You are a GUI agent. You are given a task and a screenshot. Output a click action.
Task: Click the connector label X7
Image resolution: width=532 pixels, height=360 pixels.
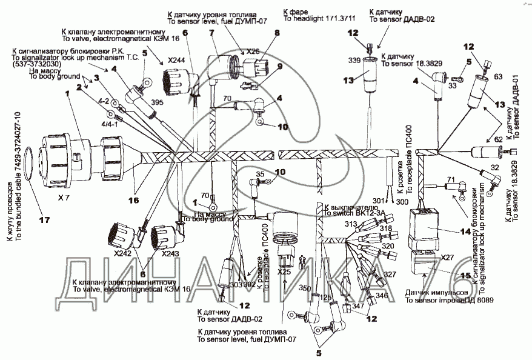click(x=63, y=198)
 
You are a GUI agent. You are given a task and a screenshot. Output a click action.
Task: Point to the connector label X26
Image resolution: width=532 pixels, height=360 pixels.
click(x=253, y=51)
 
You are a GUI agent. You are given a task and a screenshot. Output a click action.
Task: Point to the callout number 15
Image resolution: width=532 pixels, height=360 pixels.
click(x=465, y=276)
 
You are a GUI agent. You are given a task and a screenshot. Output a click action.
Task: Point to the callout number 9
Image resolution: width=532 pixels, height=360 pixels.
click(x=280, y=67)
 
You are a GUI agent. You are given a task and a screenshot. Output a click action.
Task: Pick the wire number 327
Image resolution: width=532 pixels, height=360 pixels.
click(x=390, y=275)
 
